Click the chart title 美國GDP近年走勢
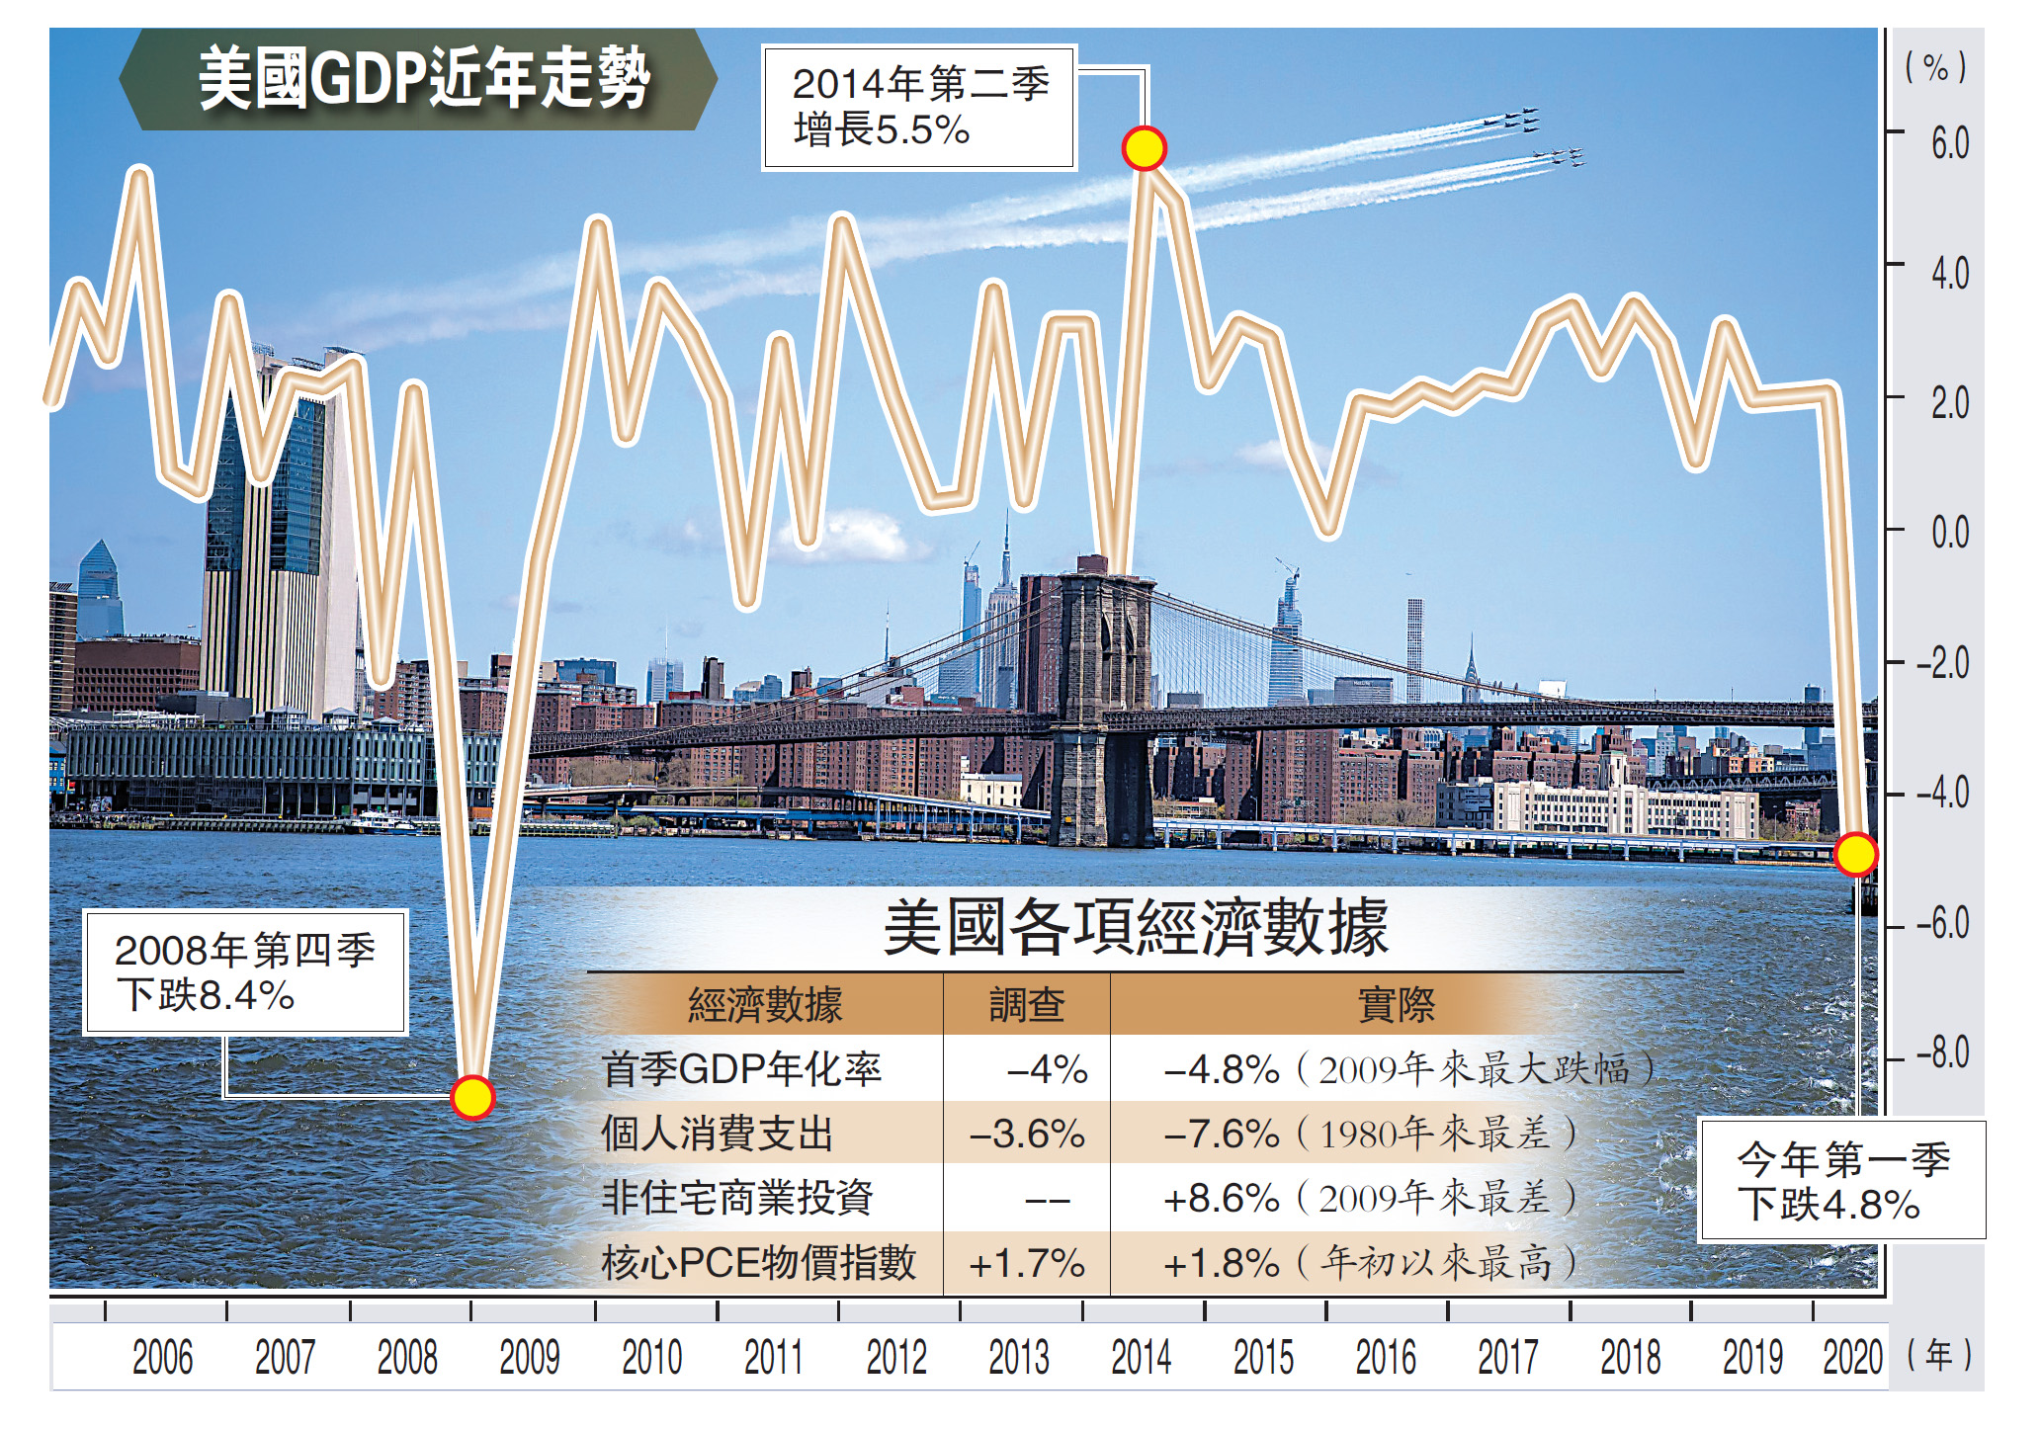point(423,79)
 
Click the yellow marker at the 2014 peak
point(1145,148)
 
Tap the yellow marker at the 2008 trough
point(472,1097)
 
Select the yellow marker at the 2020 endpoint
point(1855,854)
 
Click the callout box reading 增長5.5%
point(919,108)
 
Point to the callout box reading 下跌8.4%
point(245,972)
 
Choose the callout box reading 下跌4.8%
point(1842,1180)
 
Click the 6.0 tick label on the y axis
point(1949,143)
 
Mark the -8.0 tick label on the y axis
point(1942,1053)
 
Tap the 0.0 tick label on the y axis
point(1949,533)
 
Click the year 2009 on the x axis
point(529,1357)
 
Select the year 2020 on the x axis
point(1852,1357)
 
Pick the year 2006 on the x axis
point(162,1357)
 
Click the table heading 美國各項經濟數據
point(1136,928)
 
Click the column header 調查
point(1027,1005)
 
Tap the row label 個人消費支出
point(718,1134)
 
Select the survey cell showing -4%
point(1046,1069)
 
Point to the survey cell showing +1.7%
point(1027,1263)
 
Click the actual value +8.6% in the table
point(1221,1199)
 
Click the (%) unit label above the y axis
point(1935,68)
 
